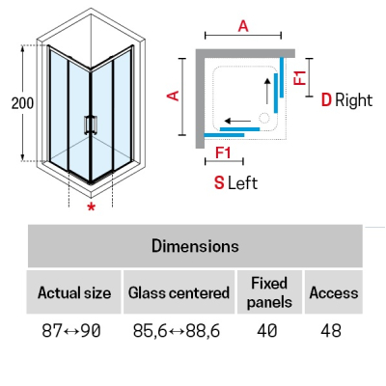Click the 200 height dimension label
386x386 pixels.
click(22, 103)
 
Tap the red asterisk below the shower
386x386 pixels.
click(92, 207)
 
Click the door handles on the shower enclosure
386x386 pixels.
click(91, 124)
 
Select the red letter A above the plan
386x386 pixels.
click(243, 26)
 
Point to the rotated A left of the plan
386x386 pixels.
click(174, 96)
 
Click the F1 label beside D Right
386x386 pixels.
click(300, 77)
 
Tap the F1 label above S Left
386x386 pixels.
click(223, 152)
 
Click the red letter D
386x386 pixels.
click(326, 100)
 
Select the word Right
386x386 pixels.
click(354, 100)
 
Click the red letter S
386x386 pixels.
click(219, 183)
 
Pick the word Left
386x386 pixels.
click(242, 183)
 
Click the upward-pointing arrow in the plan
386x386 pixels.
click(267, 91)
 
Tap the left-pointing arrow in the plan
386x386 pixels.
click(237, 122)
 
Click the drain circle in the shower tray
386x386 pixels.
click(264, 118)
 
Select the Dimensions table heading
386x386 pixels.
click(195, 246)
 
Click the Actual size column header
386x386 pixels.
click(74, 292)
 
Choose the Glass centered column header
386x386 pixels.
click(179, 292)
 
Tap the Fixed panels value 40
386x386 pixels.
click(267, 331)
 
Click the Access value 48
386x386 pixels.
click(331, 331)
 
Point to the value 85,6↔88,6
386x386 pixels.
click(177, 331)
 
